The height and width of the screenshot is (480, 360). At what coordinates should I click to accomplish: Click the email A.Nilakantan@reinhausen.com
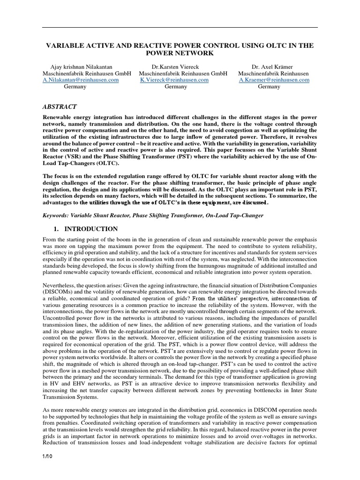[x=81, y=80]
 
